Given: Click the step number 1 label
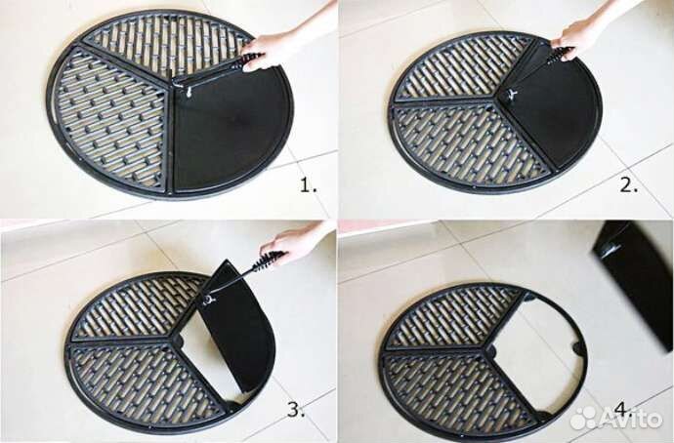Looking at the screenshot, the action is coord(308,185).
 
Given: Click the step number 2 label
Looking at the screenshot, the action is coord(629,185).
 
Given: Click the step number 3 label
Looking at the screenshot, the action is coord(296,410).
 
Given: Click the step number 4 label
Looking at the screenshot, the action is coord(623,411).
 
